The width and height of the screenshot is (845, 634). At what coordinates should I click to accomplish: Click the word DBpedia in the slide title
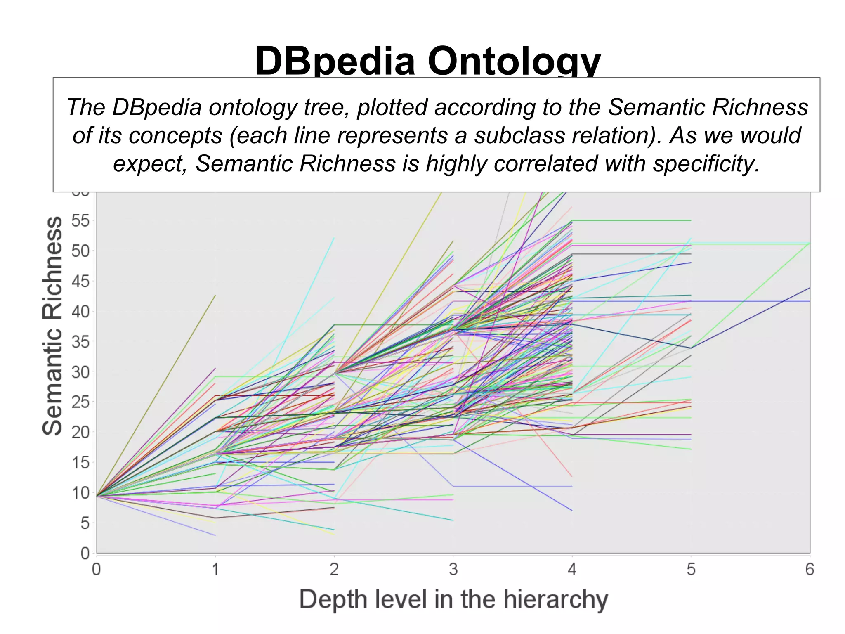pyautogui.click(x=335, y=61)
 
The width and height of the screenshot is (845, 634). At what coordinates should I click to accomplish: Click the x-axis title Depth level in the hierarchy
pyautogui.click(x=453, y=599)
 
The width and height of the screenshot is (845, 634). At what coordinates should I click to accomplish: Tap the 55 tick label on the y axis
pyautogui.click(x=80, y=221)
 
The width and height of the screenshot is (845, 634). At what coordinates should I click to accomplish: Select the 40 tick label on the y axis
pyautogui.click(x=80, y=312)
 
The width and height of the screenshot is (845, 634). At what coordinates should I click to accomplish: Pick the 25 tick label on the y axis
pyautogui.click(x=80, y=402)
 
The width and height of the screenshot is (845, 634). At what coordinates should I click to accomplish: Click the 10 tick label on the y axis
pyautogui.click(x=80, y=493)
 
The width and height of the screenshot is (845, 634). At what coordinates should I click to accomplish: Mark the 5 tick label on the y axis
pyautogui.click(x=85, y=523)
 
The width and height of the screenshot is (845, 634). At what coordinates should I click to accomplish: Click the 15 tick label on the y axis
pyautogui.click(x=80, y=463)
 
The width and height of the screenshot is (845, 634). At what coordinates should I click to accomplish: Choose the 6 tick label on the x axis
pyautogui.click(x=810, y=570)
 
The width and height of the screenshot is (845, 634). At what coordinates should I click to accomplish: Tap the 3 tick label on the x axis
pyautogui.click(x=453, y=570)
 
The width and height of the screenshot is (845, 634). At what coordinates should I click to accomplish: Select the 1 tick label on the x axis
pyautogui.click(x=215, y=570)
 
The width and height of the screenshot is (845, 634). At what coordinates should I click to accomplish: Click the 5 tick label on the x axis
pyautogui.click(x=691, y=570)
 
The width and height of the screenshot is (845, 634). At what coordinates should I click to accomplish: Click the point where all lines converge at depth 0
pyautogui.click(x=97, y=496)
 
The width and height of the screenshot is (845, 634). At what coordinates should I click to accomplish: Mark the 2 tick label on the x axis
pyautogui.click(x=334, y=570)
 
